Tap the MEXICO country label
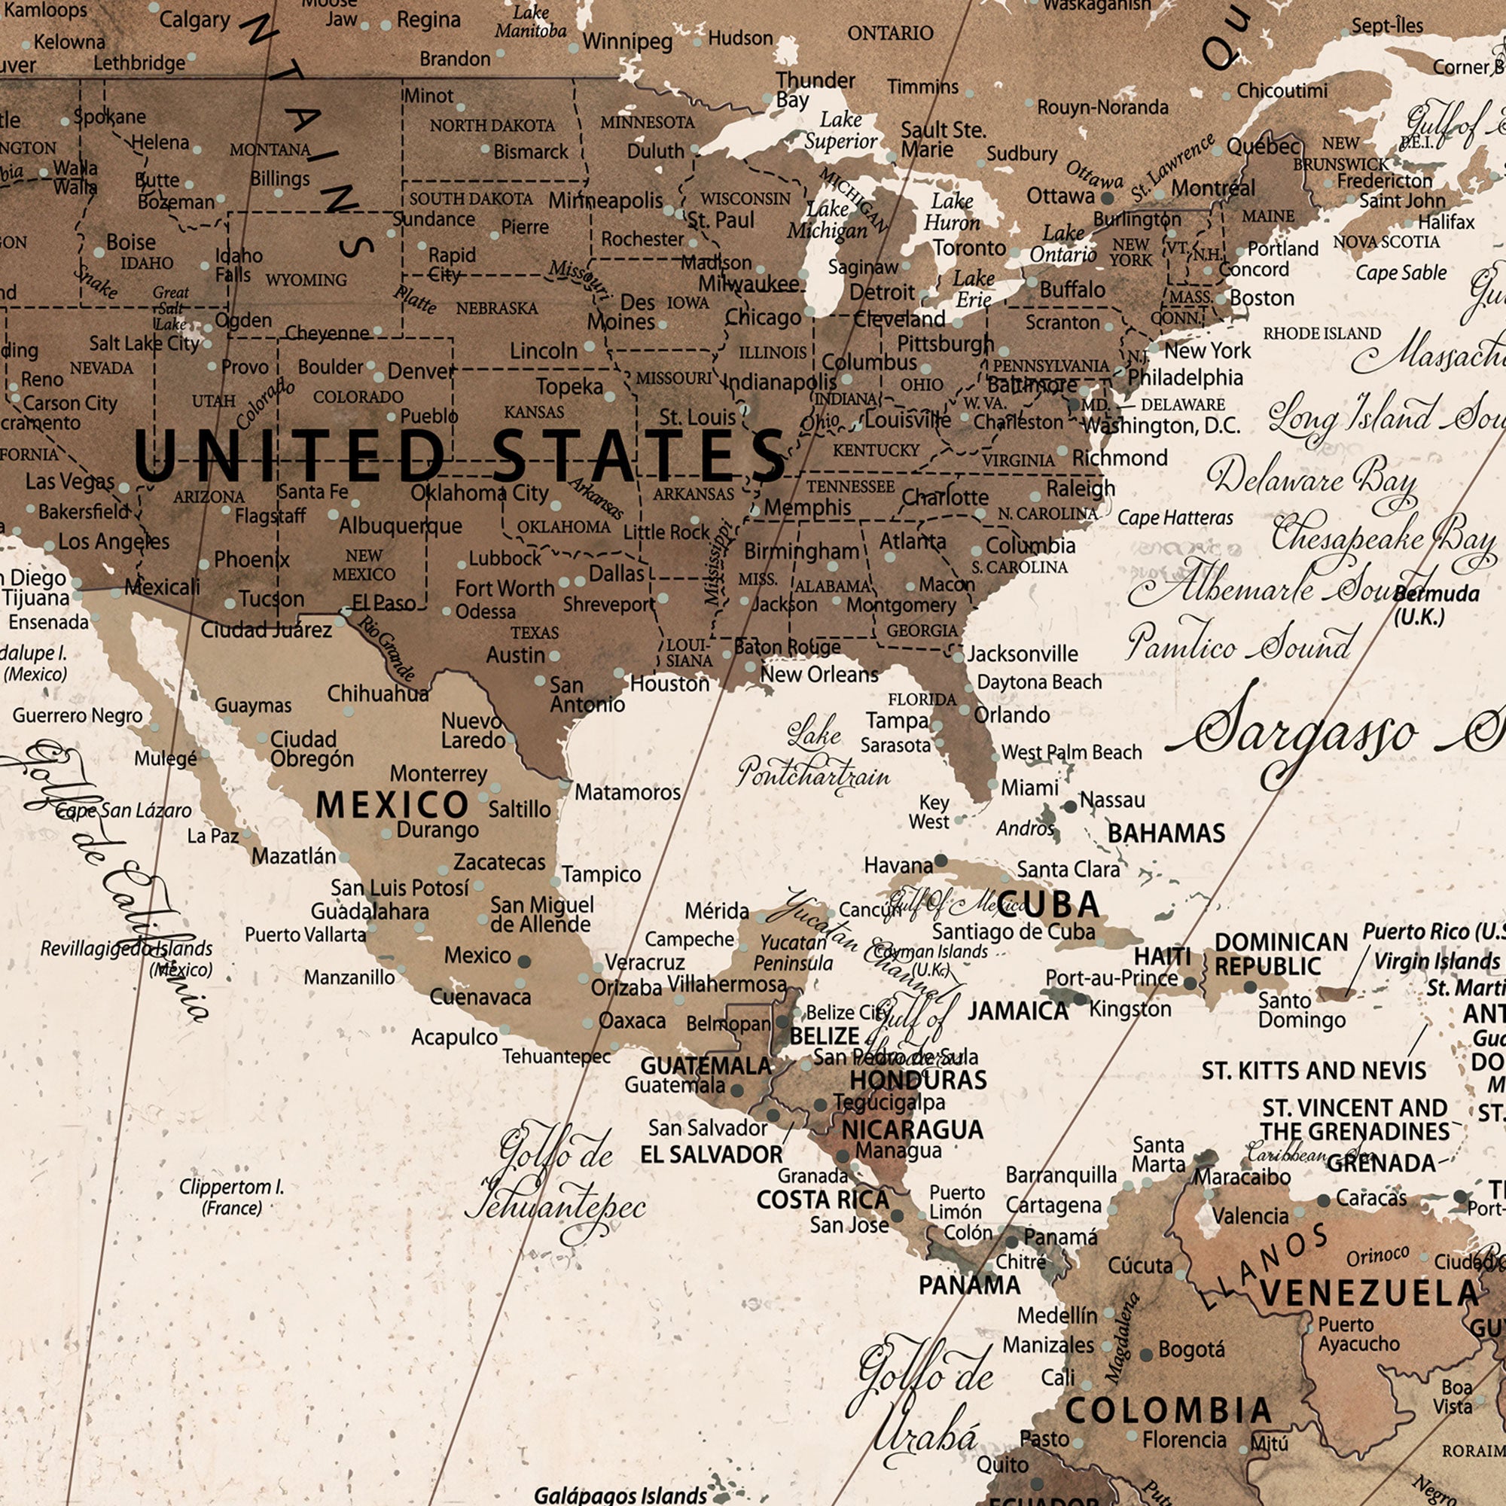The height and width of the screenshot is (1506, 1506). [392, 804]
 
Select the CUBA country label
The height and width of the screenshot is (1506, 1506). [1048, 904]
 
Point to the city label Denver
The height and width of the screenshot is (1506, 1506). [421, 371]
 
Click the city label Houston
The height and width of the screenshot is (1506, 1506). [669, 684]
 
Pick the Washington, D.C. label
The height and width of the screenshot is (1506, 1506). [1161, 425]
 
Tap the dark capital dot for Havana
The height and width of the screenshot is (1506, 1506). [940, 861]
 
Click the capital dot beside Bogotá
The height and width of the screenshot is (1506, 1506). [1146, 1355]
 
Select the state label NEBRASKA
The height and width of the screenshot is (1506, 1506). [497, 309]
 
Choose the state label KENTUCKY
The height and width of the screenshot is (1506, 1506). [876, 450]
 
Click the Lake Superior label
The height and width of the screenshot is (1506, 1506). [840, 130]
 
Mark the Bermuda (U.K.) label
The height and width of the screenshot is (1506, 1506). [1436, 605]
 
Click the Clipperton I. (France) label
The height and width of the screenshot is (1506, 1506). [231, 1197]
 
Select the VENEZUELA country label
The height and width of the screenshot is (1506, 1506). [1369, 1293]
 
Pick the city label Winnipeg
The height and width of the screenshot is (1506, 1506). [626, 41]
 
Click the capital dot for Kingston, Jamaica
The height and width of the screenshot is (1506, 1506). [1080, 998]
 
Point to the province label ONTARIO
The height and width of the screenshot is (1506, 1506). [890, 32]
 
